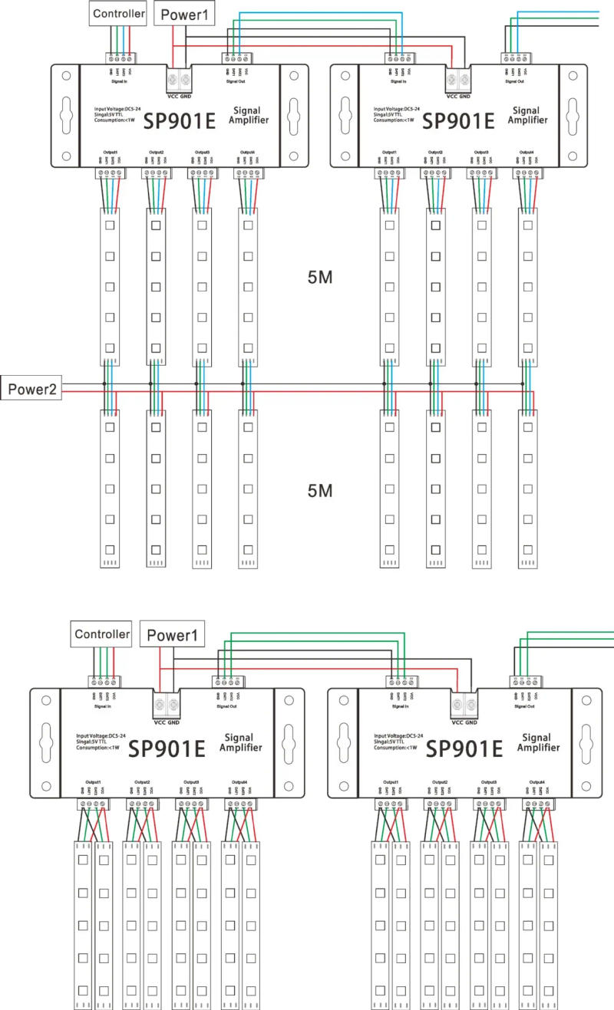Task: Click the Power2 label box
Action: (32, 389)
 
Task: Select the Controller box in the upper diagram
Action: (117, 13)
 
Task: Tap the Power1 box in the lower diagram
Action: (173, 635)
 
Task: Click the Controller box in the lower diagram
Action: (102, 634)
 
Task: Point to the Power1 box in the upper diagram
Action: (184, 13)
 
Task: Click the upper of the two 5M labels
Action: (319, 277)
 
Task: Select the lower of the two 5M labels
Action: (319, 490)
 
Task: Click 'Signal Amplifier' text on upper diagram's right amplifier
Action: (530, 116)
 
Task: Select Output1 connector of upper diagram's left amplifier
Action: (109, 174)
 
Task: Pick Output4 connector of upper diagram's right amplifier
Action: (526, 174)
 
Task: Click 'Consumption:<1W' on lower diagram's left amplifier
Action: (97, 747)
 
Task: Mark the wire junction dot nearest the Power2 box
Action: (104, 383)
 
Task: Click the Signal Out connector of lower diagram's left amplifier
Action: (228, 681)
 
